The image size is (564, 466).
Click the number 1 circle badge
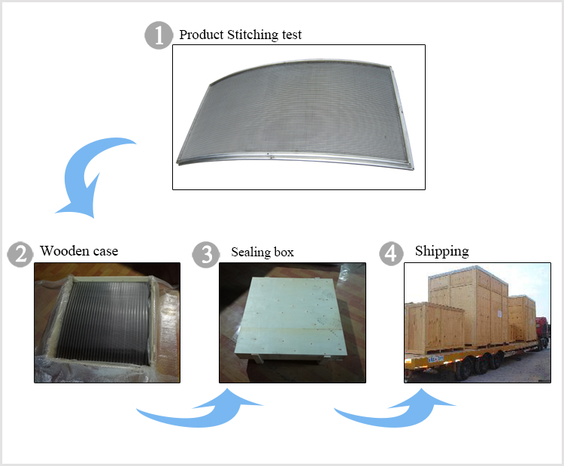[x=158, y=35]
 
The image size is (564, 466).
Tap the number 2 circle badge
[x=20, y=253]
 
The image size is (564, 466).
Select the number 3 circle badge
[x=206, y=254]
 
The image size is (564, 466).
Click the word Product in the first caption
[x=202, y=35]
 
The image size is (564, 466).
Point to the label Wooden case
[x=79, y=250]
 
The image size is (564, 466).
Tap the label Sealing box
[x=262, y=252]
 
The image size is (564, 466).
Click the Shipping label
[x=441, y=250]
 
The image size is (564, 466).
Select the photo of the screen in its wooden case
[x=107, y=322]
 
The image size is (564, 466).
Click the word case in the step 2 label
[x=105, y=250]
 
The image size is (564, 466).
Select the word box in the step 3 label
[x=284, y=252]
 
